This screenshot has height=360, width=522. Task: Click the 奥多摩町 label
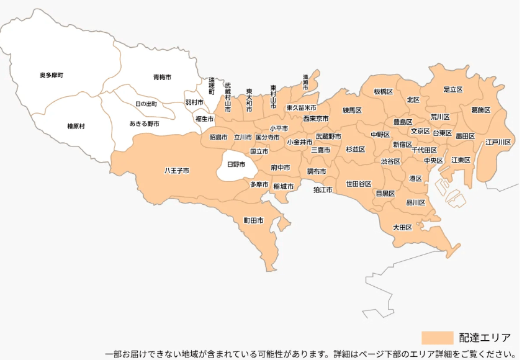pos(52,76)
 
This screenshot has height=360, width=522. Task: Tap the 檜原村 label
pos(76,126)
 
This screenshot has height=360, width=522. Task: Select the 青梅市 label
pos(162,78)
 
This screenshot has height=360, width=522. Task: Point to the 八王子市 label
pos(176,170)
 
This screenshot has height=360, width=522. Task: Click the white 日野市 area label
pos(236,164)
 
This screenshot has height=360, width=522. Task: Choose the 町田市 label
pos(253,220)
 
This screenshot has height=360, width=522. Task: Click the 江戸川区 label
pos(498,142)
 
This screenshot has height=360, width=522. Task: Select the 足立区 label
pos(453,89)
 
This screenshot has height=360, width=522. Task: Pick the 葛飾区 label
pos(480,110)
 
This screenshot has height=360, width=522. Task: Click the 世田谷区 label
pos(358,184)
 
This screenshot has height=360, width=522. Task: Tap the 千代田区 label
pos(424,150)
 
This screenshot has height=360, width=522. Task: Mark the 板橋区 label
pos(383,91)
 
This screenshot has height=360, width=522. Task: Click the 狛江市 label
pos(323,189)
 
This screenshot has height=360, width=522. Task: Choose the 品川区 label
pos(415,202)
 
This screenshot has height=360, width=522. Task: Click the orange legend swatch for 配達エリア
pos(438,338)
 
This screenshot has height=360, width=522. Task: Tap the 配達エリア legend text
pos(485,338)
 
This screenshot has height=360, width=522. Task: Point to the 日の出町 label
pos(146,104)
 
